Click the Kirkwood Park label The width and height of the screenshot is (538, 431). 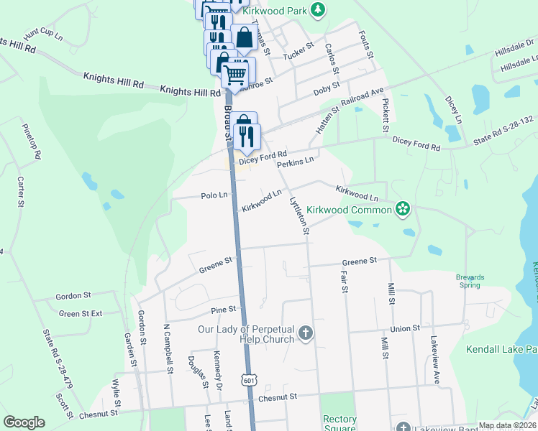[274, 10]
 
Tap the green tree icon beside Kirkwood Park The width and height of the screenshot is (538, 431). [317, 10]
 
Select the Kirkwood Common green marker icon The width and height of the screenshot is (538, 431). [403, 210]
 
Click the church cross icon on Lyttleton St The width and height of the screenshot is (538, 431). [306, 333]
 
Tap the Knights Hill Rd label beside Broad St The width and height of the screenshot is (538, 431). [190, 92]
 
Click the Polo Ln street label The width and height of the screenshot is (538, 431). [214, 195]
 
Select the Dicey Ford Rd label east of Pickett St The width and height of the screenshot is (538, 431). [416, 145]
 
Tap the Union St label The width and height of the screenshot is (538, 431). [406, 328]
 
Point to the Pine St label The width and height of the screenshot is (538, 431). [224, 310]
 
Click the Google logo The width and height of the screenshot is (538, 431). [24, 422]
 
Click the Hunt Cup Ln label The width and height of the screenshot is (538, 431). [43, 34]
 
